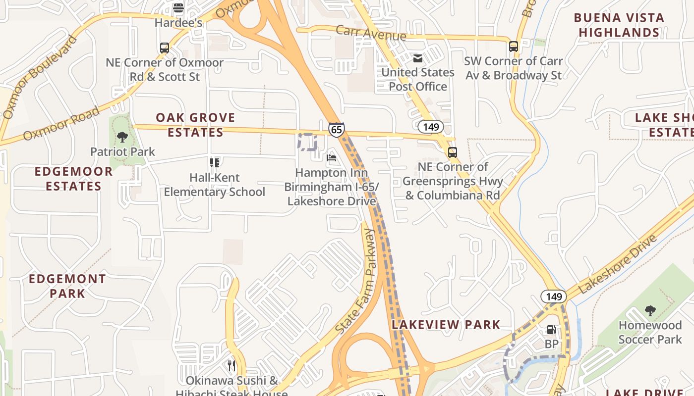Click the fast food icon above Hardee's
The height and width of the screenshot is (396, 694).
point(178,8)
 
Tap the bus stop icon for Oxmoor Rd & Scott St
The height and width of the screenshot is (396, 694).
point(165,48)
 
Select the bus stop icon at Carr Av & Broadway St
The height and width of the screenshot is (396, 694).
point(514,47)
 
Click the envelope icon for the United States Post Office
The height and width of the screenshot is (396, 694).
point(418,58)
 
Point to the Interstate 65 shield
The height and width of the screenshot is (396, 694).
point(336,130)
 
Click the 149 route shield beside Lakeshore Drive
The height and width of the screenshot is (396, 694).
point(554,297)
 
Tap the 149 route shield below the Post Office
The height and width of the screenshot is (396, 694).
point(431,127)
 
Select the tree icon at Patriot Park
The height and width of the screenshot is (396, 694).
point(122,137)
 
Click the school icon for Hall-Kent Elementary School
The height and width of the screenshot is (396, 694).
point(215,162)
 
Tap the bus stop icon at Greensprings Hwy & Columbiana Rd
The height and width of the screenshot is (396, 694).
point(452,152)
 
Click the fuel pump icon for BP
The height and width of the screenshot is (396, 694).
point(551,330)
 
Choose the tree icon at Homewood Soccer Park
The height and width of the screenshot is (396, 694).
point(650,311)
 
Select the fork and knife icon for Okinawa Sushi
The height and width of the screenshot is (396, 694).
point(231,366)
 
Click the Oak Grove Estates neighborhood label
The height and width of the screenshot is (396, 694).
point(195,125)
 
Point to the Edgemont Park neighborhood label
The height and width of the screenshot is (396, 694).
point(67,286)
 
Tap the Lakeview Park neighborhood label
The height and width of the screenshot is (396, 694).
point(446,325)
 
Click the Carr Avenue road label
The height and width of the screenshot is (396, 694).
point(371,33)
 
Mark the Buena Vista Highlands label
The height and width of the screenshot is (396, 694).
point(619,25)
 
